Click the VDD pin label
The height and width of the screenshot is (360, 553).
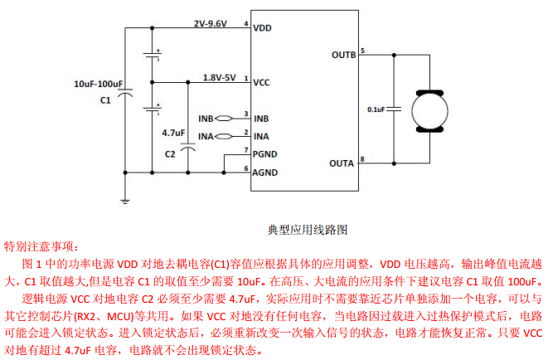(263, 27)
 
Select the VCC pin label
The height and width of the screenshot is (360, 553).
(262, 83)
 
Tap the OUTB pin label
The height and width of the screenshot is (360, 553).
(343, 55)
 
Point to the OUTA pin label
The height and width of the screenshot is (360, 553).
(342, 163)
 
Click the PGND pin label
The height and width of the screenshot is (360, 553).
(266, 154)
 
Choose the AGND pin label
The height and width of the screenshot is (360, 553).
(266, 173)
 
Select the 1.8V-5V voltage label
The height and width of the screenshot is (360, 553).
(220, 77)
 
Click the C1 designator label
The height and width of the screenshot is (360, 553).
(105, 100)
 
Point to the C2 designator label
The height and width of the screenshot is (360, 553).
(170, 153)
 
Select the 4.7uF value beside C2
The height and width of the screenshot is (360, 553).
(173, 133)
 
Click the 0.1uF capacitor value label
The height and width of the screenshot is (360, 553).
(379, 109)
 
